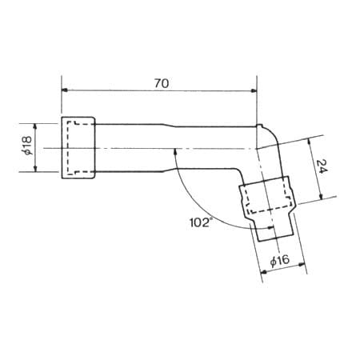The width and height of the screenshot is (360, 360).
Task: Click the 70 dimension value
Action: coord(162,83)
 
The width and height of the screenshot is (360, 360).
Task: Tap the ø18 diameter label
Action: coord(27,146)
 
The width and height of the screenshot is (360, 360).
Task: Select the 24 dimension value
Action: coord(322,166)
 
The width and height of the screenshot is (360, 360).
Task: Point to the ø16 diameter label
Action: coord(280,260)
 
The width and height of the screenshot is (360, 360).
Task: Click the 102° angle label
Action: coord(200,222)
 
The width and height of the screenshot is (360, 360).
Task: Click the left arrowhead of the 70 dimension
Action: coord(65,90)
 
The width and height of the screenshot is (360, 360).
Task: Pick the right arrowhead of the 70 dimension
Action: coord(254,91)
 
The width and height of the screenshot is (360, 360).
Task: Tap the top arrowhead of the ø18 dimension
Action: coord(35,127)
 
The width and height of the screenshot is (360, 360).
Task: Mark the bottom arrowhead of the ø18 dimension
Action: coord(35,168)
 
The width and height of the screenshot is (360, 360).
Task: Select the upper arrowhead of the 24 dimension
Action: coord(310,142)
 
